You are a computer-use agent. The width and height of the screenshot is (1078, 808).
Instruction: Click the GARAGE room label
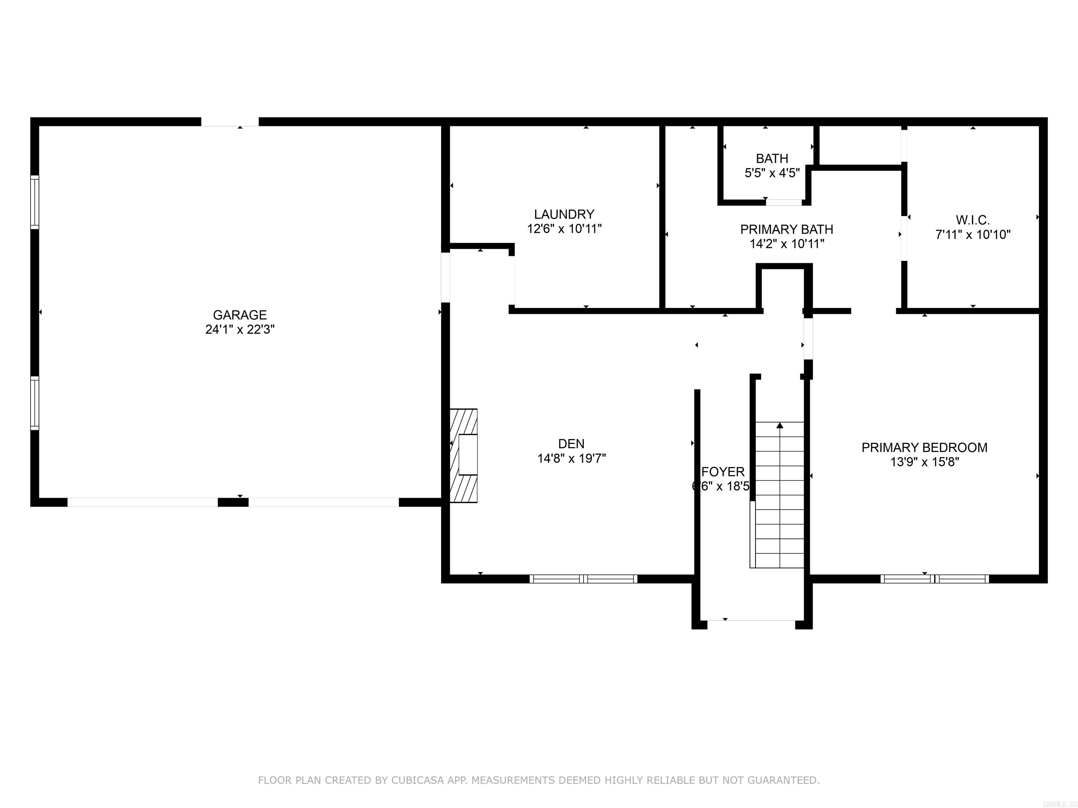pyautogui.click(x=239, y=315)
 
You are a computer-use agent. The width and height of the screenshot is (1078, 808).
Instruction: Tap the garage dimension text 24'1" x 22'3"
pyautogui.click(x=239, y=330)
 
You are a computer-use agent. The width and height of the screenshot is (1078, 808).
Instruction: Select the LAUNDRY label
pyautogui.click(x=564, y=214)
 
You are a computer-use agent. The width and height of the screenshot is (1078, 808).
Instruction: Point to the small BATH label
pyautogui.click(x=772, y=158)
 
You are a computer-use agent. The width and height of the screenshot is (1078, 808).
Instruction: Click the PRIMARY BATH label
pyautogui.click(x=787, y=229)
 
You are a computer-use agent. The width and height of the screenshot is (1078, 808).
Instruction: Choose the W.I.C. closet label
pyautogui.click(x=972, y=220)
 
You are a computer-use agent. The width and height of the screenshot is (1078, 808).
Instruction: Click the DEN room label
pyautogui.click(x=571, y=444)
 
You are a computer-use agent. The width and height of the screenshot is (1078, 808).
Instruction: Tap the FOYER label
pyautogui.click(x=723, y=471)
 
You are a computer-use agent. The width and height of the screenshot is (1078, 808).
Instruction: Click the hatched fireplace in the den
pyautogui.click(x=463, y=456)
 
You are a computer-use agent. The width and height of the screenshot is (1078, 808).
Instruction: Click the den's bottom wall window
pyautogui.click(x=583, y=579)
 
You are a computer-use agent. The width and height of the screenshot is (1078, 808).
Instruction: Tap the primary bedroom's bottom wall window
pyautogui.click(x=934, y=579)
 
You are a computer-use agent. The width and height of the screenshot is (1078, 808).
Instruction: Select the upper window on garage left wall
pyautogui.click(x=35, y=202)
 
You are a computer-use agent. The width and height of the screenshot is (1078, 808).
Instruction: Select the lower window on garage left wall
pyautogui.click(x=35, y=403)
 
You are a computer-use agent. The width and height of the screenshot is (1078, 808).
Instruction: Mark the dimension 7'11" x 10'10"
pyautogui.click(x=972, y=235)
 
